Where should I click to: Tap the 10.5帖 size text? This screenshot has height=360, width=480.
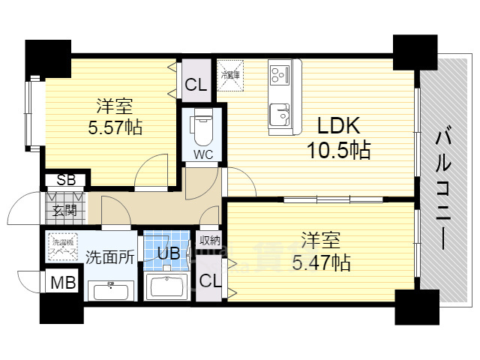click(x=337, y=151)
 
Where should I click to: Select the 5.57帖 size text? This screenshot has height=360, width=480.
click(x=115, y=127)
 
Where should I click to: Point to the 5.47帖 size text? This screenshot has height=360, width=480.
click(x=321, y=262)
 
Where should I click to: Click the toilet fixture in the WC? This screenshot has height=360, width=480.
click(x=201, y=129)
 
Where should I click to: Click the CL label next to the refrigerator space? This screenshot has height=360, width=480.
click(x=196, y=85)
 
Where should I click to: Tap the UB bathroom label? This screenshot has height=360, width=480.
click(x=168, y=253)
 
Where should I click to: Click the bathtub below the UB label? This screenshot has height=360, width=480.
click(x=167, y=286)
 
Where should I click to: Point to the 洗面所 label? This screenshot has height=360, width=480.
click(x=109, y=256)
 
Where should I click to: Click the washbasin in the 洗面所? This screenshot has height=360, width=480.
click(x=110, y=289)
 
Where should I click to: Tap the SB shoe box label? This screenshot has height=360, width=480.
click(x=65, y=180)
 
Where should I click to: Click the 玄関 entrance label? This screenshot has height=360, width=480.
click(x=64, y=209)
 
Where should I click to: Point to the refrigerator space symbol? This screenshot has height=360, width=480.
click(x=229, y=73)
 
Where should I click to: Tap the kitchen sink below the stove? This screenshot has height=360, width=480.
click(x=282, y=113)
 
